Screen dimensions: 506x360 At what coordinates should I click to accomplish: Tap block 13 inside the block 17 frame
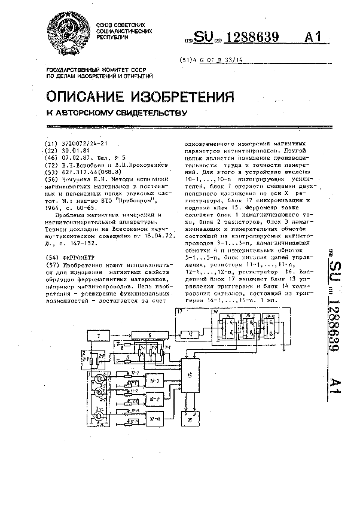tap(191, 333)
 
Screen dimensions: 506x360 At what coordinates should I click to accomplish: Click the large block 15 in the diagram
tap(190, 376)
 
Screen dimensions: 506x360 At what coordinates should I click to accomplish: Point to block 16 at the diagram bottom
tap(190, 419)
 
